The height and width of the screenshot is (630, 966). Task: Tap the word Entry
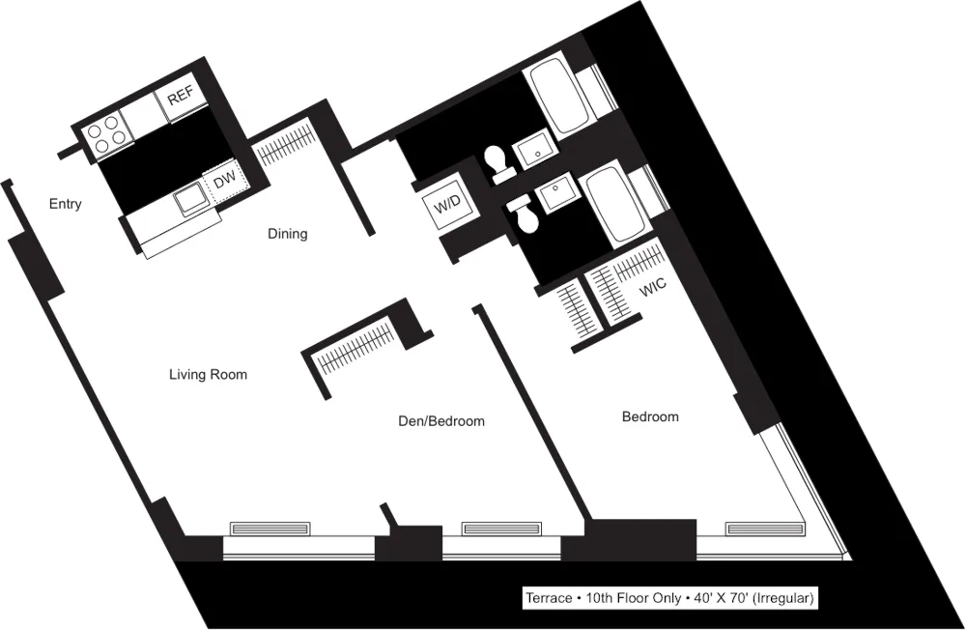65,204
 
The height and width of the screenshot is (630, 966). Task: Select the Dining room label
287,233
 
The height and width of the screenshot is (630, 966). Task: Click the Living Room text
208,374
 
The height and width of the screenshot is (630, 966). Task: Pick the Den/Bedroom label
441,421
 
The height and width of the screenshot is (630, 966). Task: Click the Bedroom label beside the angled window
649,416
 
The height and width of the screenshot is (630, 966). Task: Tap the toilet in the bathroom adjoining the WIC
525,215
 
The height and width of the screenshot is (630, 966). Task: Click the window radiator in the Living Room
270,529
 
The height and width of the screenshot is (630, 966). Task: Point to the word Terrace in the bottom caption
548,598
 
